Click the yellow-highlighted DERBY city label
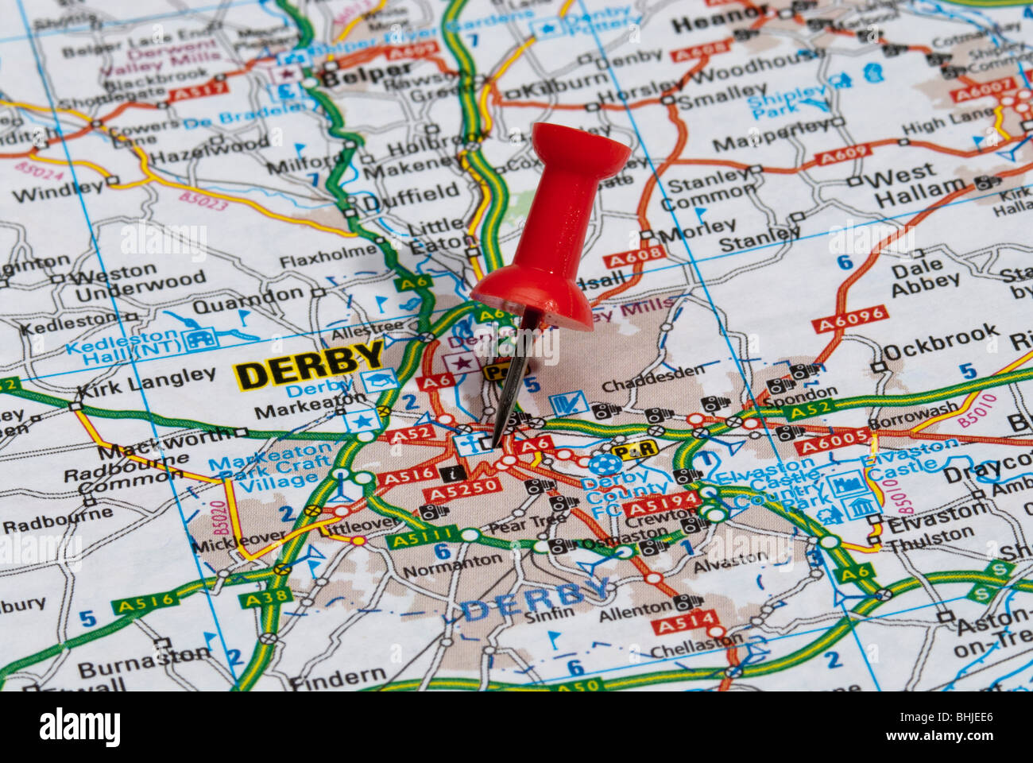click(x=309, y=364)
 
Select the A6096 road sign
click(x=849, y=319)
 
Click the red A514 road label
click(x=684, y=622)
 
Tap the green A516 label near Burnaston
click(x=145, y=602)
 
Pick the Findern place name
click(x=337, y=678)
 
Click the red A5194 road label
click(x=662, y=505)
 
